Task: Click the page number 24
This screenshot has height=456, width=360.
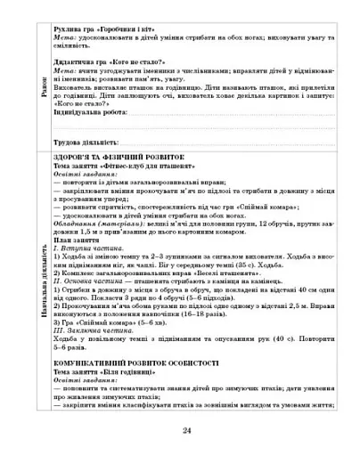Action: pyautogui.click(x=186, y=431)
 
